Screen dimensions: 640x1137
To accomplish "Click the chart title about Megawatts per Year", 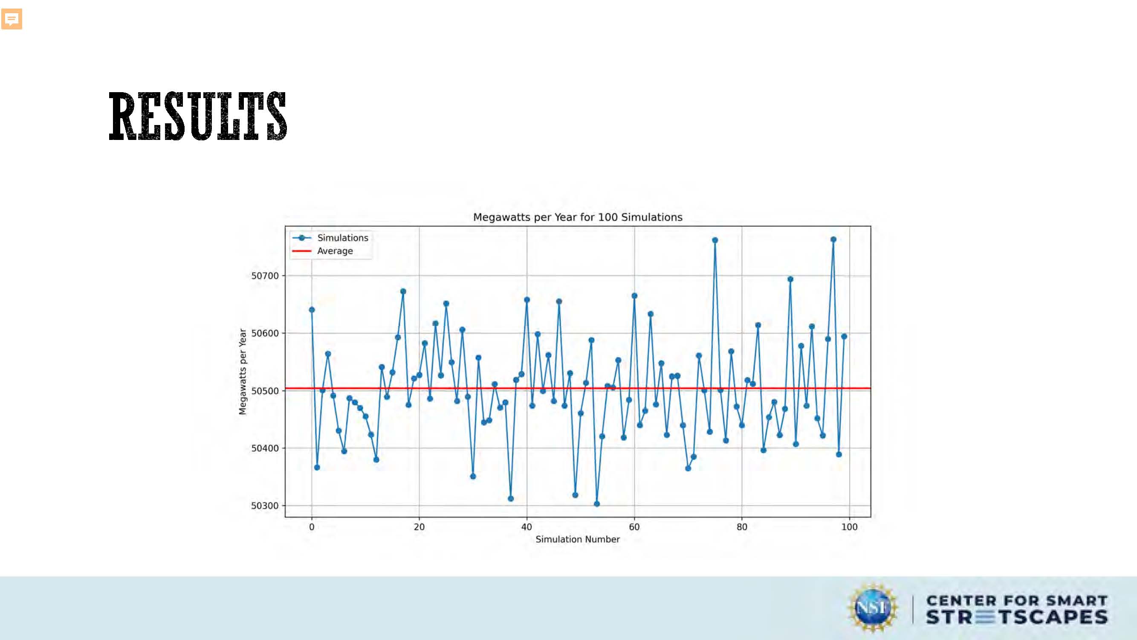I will (x=577, y=217).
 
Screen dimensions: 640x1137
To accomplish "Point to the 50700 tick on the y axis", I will (x=265, y=276).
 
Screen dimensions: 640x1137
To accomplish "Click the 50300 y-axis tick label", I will (x=265, y=505).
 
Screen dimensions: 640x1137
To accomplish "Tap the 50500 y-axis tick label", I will (x=265, y=390).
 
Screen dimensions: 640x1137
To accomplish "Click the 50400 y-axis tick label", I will (x=265, y=448).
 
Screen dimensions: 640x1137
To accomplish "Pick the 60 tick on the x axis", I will (x=634, y=527).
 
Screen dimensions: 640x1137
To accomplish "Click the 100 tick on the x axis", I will (x=849, y=527).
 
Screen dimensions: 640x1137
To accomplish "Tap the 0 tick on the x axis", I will (x=312, y=527).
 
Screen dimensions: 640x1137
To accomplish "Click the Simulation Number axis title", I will (x=577, y=539).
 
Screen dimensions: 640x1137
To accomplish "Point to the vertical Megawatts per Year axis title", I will (x=242, y=371).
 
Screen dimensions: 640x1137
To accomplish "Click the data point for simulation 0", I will (x=312, y=310).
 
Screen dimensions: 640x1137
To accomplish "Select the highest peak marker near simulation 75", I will (x=715, y=240).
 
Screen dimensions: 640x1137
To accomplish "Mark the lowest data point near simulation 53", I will (x=597, y=503).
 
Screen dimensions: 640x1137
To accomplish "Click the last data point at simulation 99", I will (x=844, y=336).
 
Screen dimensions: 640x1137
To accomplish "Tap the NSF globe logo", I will (x=872, y=608).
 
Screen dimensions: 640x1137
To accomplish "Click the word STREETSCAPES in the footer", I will (x=1016, y=617).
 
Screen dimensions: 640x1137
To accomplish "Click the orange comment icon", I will (x=12, y=19).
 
